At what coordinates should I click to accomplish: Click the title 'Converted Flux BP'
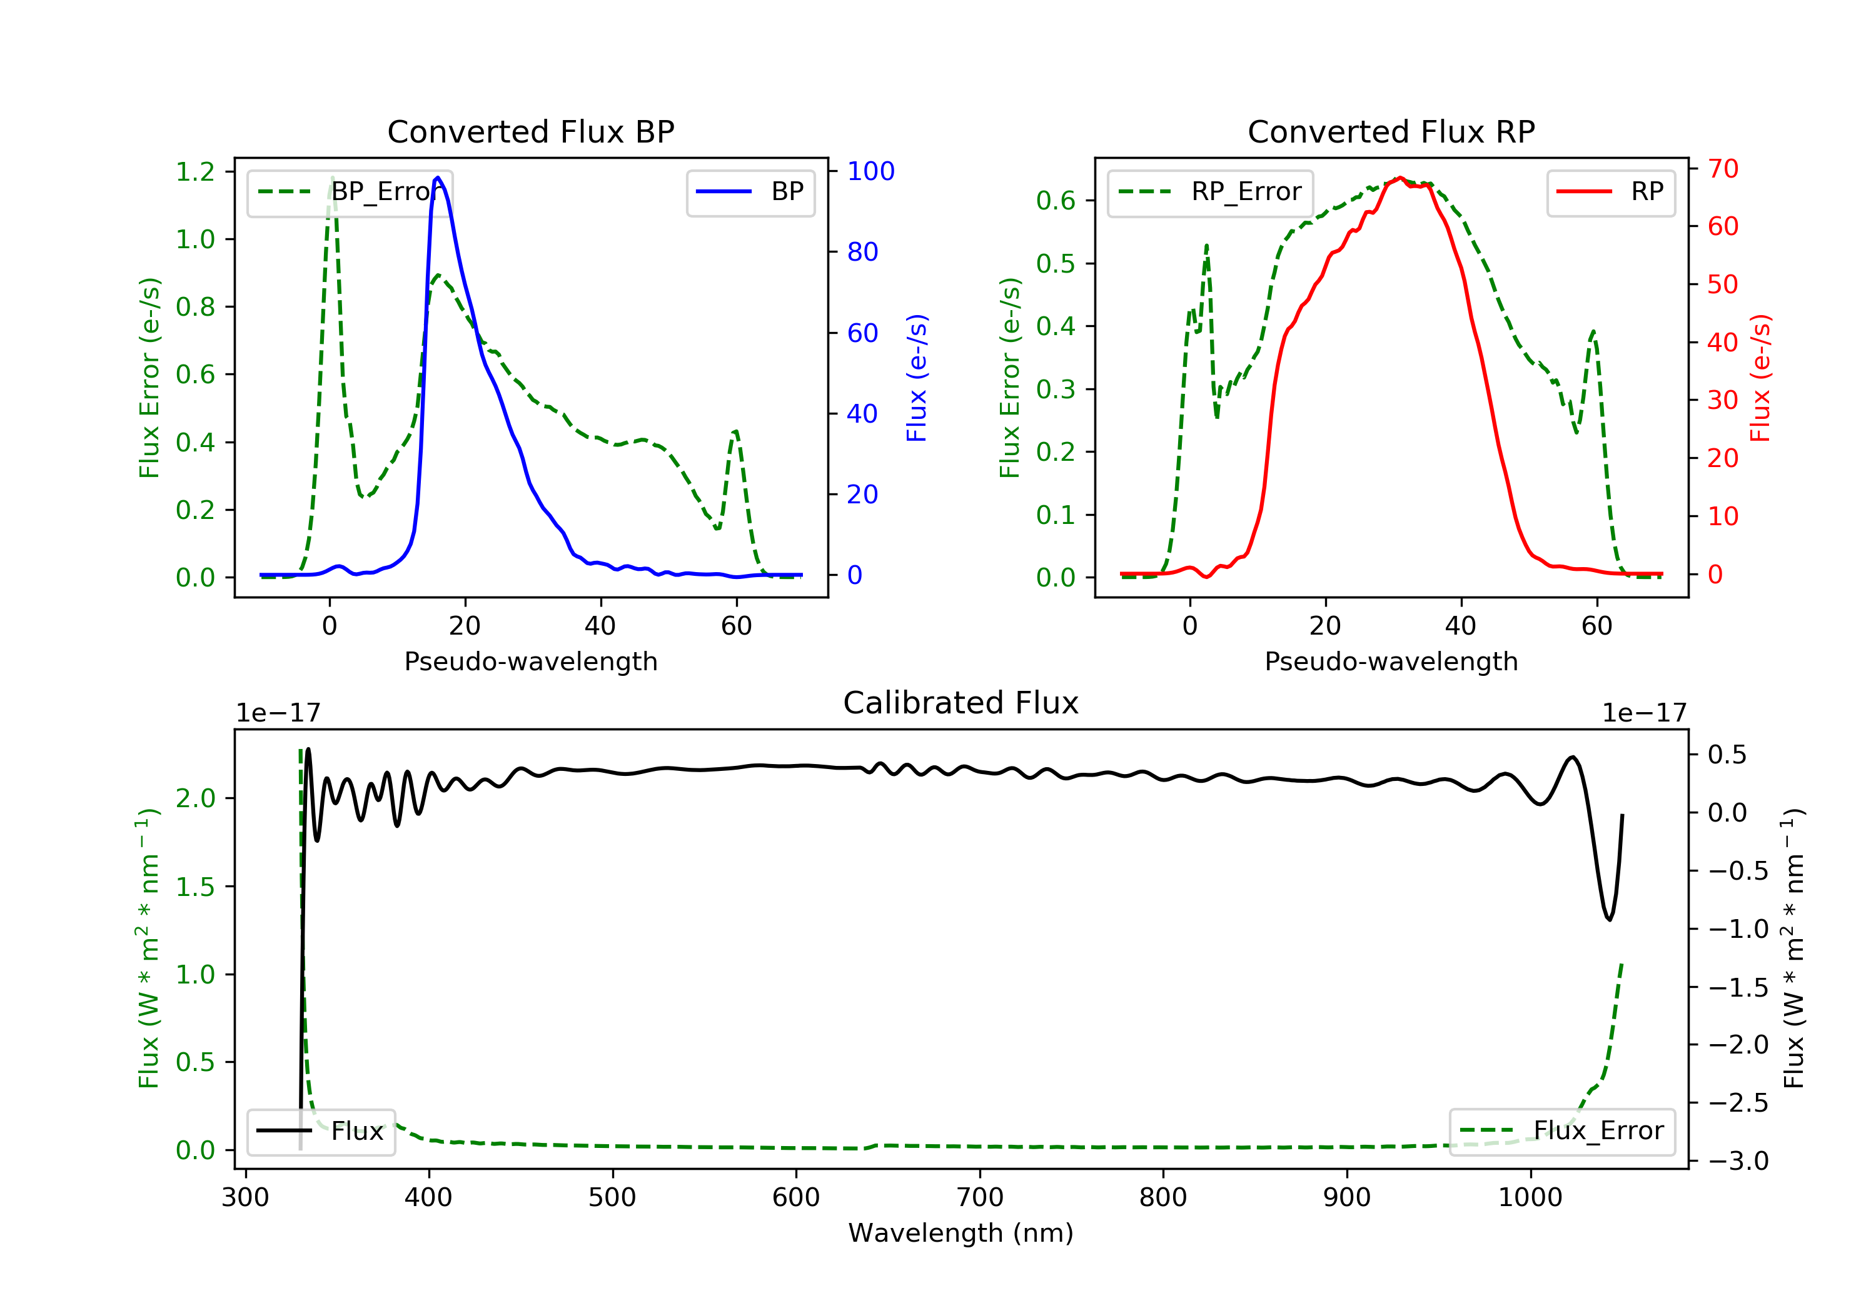[530, 131]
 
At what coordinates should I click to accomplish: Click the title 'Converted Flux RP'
[1391, 131]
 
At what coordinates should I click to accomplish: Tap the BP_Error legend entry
[350, 192]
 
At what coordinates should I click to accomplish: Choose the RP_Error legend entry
[1210, 192]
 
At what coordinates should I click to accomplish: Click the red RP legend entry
[1610, 192]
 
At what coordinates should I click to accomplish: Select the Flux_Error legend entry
[1561, 1131]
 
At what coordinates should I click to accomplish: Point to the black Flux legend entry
[321, 1131]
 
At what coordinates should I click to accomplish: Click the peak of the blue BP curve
[438, 178]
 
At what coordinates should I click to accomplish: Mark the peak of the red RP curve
[1399, 178]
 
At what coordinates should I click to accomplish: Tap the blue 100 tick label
[870, 171]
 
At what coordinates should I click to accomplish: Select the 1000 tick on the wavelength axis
[1530, 1198]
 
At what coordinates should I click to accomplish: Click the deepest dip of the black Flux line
[1609, 920]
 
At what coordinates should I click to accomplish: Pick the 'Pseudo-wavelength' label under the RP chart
[1391, 661]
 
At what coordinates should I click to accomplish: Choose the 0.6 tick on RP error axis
[1056, 200]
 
